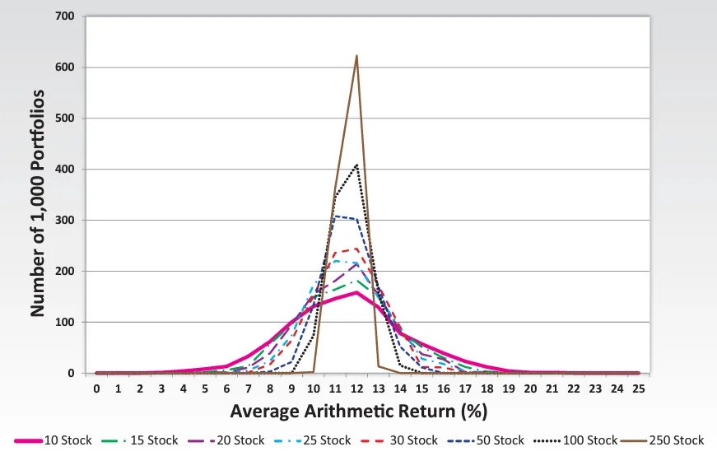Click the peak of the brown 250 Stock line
coord(356,56)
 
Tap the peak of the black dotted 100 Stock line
coord(356,165)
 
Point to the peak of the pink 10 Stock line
coord(356,292)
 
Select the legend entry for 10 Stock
coord(54,440)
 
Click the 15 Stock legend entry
coord(147,440)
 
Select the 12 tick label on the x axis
coord(356,389)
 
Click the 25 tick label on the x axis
coord(639,389)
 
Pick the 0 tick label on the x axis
coord(96,389)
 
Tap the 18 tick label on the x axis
coord(487,389)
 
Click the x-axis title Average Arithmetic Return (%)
coord(367,410)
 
